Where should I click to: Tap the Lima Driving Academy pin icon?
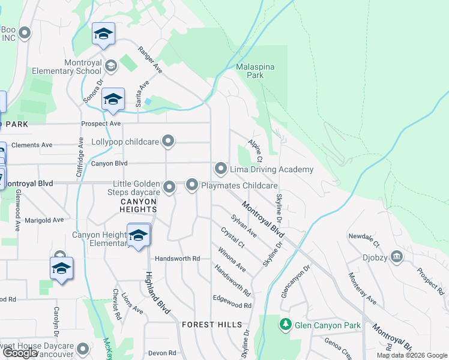coord(221,169)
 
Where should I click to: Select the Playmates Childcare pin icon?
coord(192,185)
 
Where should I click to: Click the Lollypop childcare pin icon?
coord(169,142)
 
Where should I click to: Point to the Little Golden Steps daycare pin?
coord(170,188)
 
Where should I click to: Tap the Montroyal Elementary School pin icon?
coord(110,65)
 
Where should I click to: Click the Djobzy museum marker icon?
coord(397,257)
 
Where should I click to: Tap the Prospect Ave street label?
coord(101,124)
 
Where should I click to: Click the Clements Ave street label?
coord(32,145)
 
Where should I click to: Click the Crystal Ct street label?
coord(232,238)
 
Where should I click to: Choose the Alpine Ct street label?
coord(255,151)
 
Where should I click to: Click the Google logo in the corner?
coord(19,353)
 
